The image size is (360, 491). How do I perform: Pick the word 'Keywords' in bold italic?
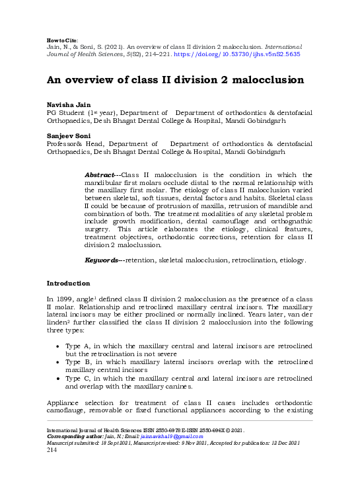click(x=103, y=260)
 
